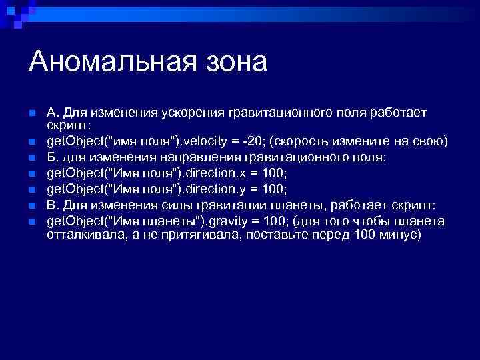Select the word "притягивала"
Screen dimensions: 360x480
coord(191,234)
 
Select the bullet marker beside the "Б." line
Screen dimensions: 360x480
coord(32,157)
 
